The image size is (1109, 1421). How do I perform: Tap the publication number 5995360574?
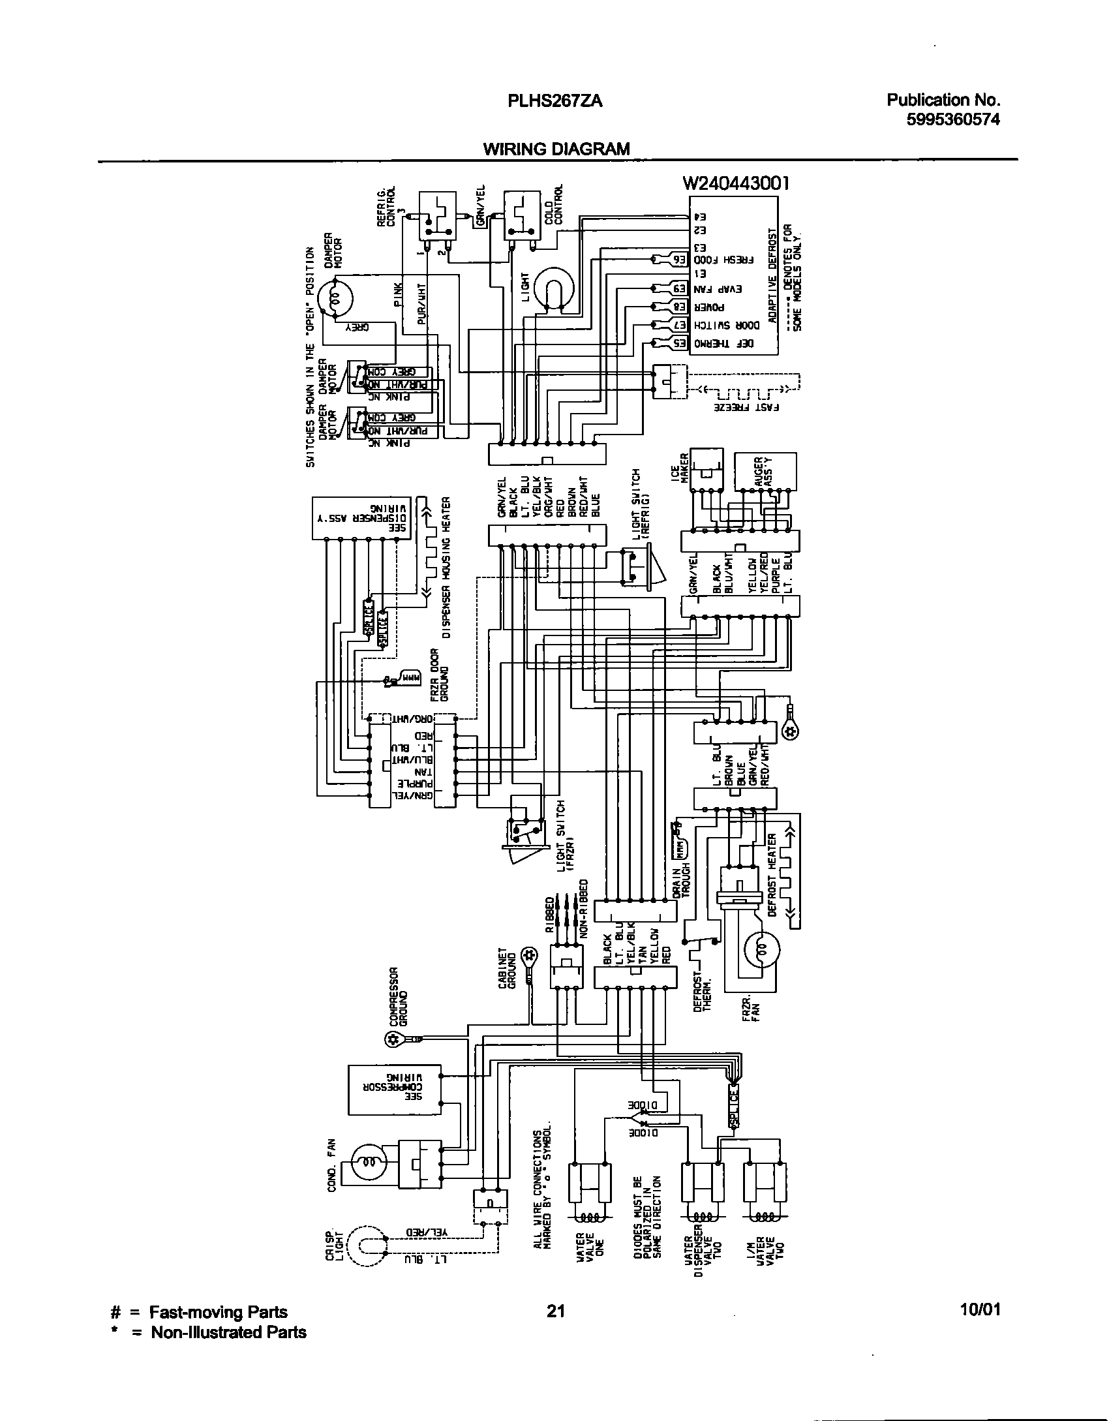click(953, 119)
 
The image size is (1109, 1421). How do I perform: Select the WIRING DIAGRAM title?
click(556, 149)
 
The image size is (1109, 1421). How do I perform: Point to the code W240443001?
click(736, 183)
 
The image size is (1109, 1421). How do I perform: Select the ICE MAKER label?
click(685, 468)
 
